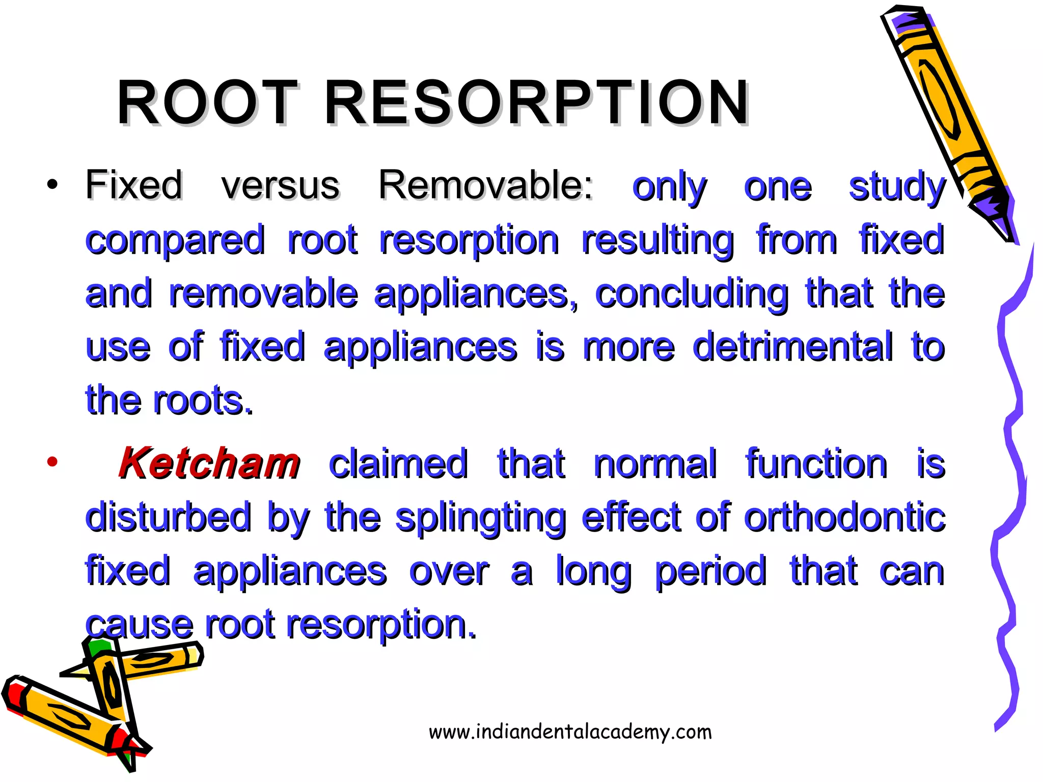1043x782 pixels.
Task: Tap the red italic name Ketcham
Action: click(209, 464)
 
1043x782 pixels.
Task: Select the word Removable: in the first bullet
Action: click(486, 185)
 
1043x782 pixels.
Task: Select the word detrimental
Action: click(792, 347)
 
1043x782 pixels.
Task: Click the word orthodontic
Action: click(844, 518)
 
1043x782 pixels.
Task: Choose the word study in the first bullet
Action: click(897, 187)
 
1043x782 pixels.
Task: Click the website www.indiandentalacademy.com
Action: click(570, 732)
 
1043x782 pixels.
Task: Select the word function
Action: click(816, 464)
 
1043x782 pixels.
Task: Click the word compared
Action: click(175, 241)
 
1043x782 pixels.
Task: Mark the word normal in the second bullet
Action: click(655, 464)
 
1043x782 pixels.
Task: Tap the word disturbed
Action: click(169, 518)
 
